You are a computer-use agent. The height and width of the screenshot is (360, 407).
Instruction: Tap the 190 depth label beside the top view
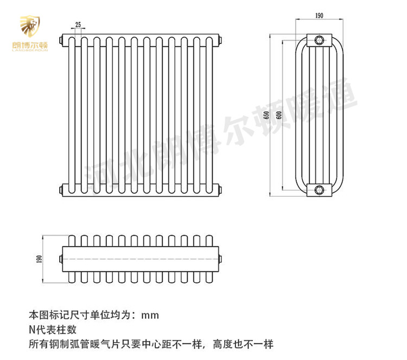39,260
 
